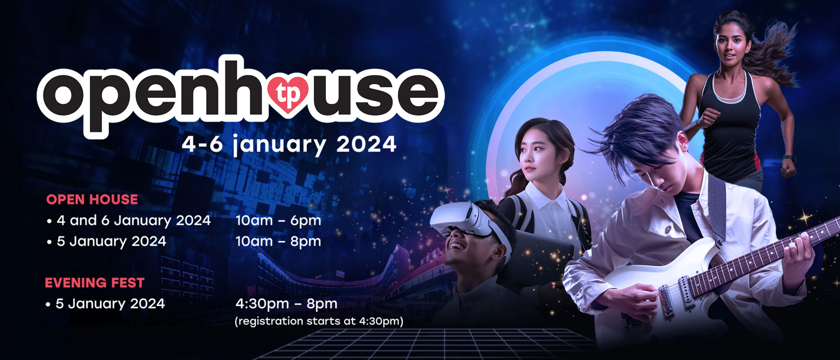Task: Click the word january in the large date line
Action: tap(280, 145)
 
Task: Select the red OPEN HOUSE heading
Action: tap(92, 199)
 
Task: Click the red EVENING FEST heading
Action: tap(94, 283)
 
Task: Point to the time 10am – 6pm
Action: tap(278, 221)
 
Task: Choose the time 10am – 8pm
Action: tap(278, 241)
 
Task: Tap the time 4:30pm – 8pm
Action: tap(286, 304)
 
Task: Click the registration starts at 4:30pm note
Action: tap(319, 322)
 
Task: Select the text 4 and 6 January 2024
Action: tap(134, 221)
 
